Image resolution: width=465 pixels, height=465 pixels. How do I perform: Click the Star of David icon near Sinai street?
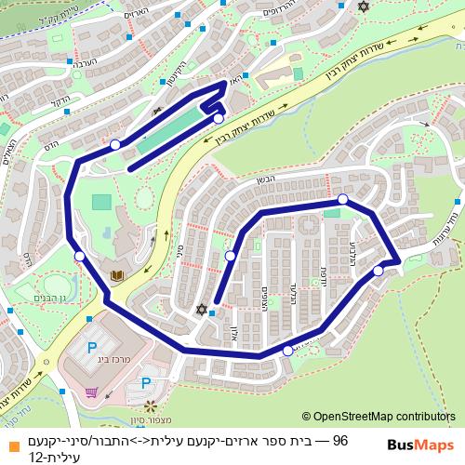(201, 310)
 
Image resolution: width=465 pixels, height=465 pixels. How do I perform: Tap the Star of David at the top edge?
(363, 7)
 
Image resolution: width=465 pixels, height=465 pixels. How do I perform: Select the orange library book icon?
(117, 275)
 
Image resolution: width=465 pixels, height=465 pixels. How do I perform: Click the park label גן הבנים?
(48, 298)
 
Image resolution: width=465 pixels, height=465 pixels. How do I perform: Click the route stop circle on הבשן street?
(342, 199)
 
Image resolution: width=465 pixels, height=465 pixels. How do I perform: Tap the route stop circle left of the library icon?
(80, 256)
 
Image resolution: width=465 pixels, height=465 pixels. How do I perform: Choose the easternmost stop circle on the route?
(379, 271)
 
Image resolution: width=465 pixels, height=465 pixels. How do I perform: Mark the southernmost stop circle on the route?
(287, 351)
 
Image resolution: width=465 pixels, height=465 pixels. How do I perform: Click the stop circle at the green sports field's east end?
(218, 118)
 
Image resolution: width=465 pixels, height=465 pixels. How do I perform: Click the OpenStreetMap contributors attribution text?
(379, 418)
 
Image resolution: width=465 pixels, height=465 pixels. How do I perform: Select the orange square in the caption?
(10, 440)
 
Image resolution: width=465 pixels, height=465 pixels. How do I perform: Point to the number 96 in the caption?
(339, 440)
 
